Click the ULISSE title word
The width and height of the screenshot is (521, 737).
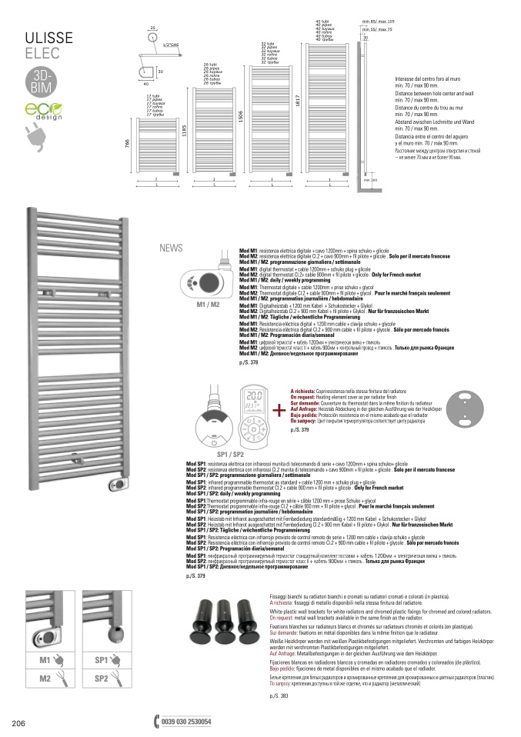pyautogui.click(x=50, y=37)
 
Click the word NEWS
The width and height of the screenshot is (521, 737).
pyautogui.click(x=171, y=248)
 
